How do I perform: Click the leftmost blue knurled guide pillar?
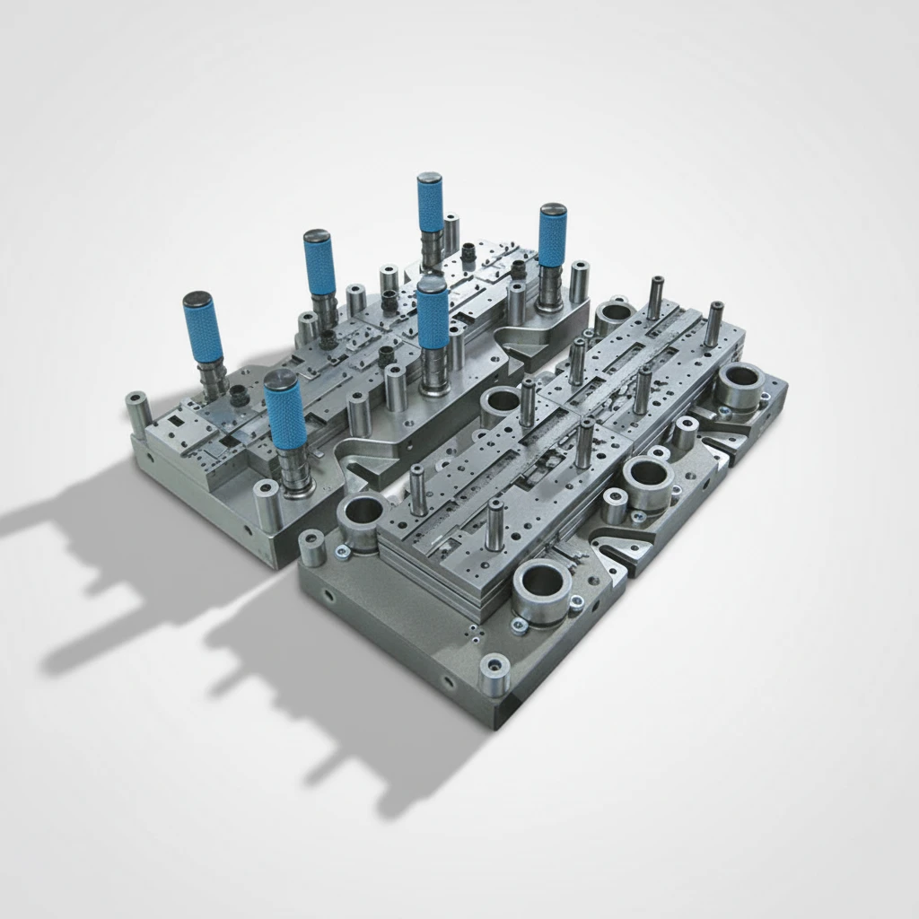click(x=203, y=328)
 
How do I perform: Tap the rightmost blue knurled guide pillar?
click(x=553, y=237)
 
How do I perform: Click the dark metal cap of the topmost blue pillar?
click(x=430, y=179)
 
